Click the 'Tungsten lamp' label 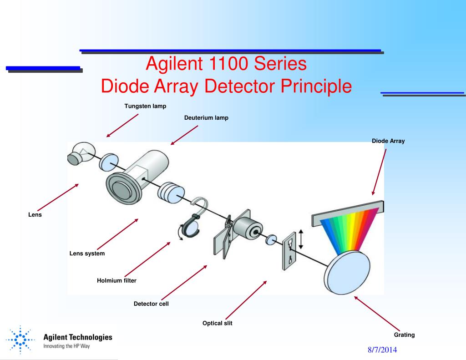145,106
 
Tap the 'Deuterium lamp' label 206,118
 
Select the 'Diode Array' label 388,141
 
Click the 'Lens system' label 87,254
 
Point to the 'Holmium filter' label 116,281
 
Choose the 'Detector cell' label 151,304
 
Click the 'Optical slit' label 217,324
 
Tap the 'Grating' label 404,335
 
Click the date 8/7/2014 383,350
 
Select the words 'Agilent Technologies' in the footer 77,337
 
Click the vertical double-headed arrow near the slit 300,239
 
